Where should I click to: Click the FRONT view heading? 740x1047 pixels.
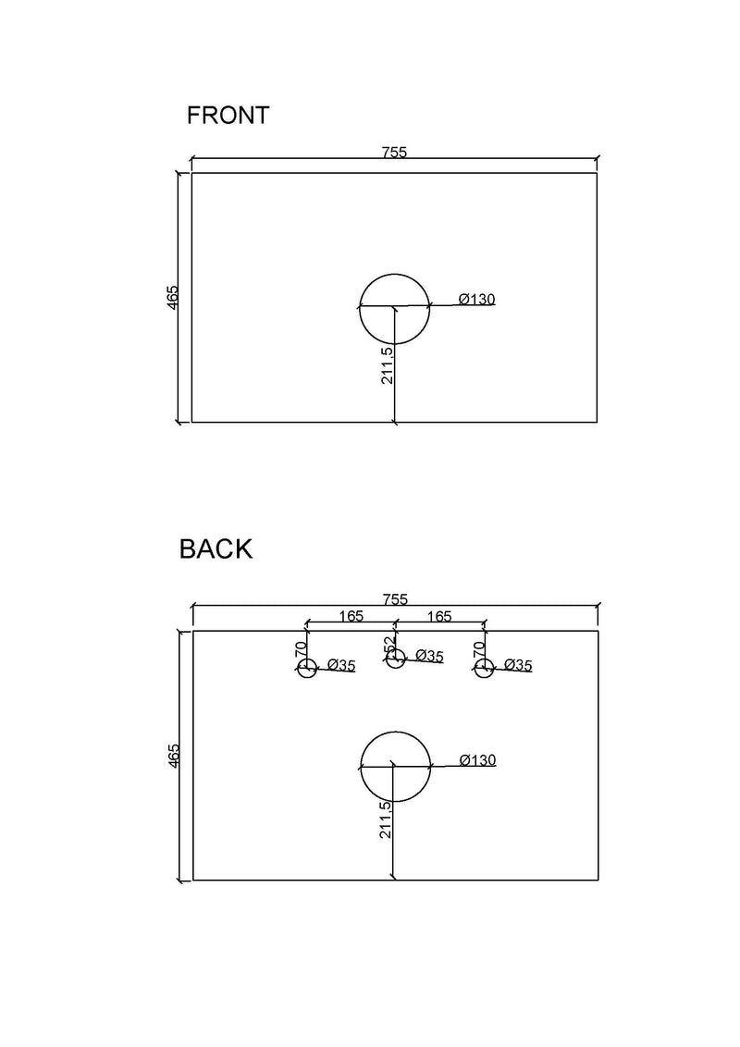tap(228, 116)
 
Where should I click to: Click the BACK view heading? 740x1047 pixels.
tap(216, 548)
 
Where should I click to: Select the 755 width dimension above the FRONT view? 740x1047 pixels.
tap(394, 152)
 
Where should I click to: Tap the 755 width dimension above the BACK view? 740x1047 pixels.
tap(395, 599)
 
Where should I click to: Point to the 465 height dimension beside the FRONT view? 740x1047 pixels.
tap(173, 297)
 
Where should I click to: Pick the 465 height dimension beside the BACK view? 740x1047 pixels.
tap(174, 756)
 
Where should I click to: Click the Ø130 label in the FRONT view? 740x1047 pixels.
tap(477, 299)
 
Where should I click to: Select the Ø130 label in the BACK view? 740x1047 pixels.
tap(478, 760)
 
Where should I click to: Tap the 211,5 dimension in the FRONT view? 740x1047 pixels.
tap(388, 363)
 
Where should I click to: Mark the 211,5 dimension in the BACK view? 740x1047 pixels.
tap(386, 820)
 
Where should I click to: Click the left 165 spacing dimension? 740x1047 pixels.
tap(351, 616)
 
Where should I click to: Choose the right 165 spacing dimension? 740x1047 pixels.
tap(439, 616)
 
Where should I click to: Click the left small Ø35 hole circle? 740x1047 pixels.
tap(306, 668)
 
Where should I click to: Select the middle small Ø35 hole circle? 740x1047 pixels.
tap(395, 659)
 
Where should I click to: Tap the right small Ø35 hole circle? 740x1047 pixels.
tap(484, 668)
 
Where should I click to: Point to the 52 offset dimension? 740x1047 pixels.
tap(389, 645)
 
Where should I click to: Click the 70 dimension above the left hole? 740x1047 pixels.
tap(301, 648)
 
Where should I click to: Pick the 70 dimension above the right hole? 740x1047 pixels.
tap(478, 648)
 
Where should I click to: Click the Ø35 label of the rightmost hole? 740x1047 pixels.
tap(518, 665)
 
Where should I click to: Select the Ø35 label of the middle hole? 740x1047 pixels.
tap(429, 656)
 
